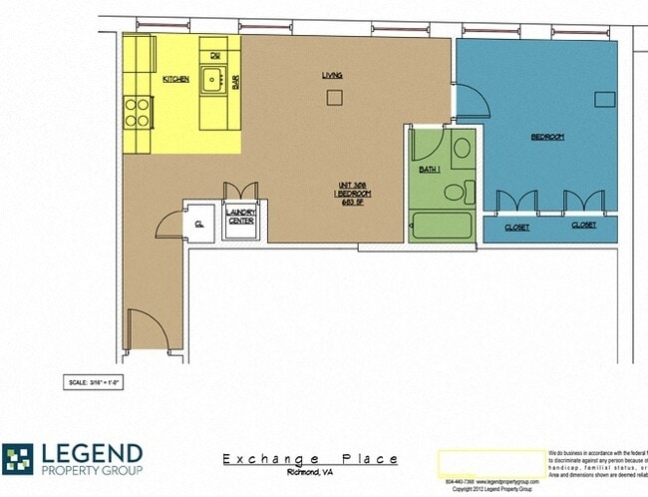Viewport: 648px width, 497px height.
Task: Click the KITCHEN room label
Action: click(x=175, y=79)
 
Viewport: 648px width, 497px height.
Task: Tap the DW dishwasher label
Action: click(x=214, y=55)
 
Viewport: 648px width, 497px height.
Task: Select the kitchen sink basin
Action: click(x=211, y=80)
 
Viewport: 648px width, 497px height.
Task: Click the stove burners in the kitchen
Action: click(x=137, y=112)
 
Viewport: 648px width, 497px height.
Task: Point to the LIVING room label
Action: click(x=332, y=75)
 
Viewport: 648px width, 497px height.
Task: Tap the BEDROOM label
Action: click(x=546, y=137)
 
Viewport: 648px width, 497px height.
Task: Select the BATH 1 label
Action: click(x=429, y=169)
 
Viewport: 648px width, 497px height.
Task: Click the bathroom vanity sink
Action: click(x=462, y=151)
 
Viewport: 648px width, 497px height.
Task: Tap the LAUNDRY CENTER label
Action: click(x=241, y=216)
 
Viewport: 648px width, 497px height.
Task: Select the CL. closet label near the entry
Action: click(x=199, y=225)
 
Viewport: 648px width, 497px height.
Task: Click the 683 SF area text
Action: click(x=349, y=203)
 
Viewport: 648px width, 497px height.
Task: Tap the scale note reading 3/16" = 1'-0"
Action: click(x=93, y=381)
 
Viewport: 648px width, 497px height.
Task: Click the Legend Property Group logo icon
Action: click(x=17, y=458)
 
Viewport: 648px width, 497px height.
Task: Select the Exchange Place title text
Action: click(x=310, y=459)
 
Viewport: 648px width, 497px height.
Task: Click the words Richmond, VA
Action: click(x=310, y=472)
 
